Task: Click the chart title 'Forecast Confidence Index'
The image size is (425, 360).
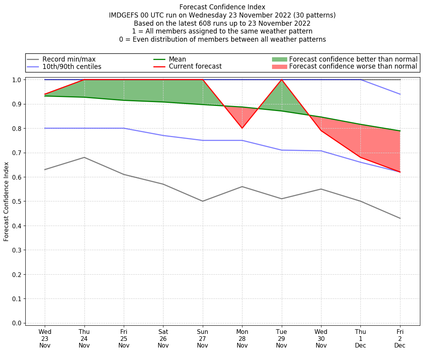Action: click(222, 7)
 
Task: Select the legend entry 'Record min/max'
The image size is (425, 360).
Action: click(69, 59)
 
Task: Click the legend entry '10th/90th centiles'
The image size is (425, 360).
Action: click(72, 67)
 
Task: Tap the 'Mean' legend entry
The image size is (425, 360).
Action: click(177, 59)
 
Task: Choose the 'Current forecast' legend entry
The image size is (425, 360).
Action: click(195, 67)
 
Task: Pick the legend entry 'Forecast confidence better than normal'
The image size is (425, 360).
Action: click(353, 59)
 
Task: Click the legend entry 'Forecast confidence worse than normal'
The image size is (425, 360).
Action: click(353, 67)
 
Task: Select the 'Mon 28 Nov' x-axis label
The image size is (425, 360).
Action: click(242, 338)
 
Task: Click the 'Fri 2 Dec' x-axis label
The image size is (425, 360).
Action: click(400, 338)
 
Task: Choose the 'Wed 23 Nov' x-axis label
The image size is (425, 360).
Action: click(45, 338)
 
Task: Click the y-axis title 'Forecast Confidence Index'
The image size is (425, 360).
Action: click(7, 201)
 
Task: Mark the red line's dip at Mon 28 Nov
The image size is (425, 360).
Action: click(242, 128)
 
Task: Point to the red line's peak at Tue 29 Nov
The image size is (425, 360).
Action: click(281, 79)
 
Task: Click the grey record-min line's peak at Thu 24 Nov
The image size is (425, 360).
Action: click(84, 157)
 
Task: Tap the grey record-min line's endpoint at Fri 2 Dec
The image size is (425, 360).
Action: click(400, 218)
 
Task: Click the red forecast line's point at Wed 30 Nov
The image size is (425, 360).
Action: click(321, 131)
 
